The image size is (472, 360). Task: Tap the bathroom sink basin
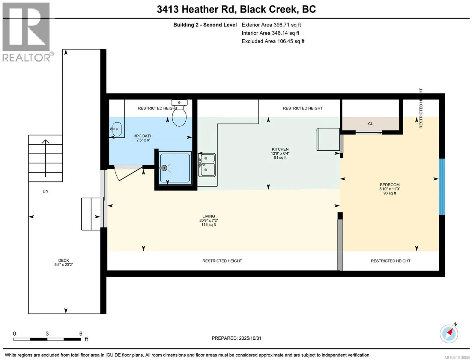click(x=117, y=129)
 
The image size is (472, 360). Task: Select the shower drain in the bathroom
click(x=164, y=168)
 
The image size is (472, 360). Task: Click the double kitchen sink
click(x=207, y=165)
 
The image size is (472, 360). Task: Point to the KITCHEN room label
click(x=280, y=149)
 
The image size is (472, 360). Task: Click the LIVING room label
click(x=208, y=216)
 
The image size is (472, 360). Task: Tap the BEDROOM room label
click(x=390, y=185)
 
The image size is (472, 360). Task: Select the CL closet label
click(x=370, y=124)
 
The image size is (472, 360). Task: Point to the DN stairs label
click(x=45, y=191)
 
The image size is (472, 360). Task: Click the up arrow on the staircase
click(x=45, y=158)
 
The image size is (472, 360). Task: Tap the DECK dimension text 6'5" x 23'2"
click(x=64, y=265)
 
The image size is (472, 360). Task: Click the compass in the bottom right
click(x=449, y=334)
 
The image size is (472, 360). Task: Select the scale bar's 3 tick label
click(x=47, y=334)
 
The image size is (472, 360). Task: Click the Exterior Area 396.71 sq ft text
click(x=271, y=25)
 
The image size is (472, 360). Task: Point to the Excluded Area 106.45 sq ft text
click(x=273, y=41)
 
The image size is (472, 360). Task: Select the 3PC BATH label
click(x=143, y=136)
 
